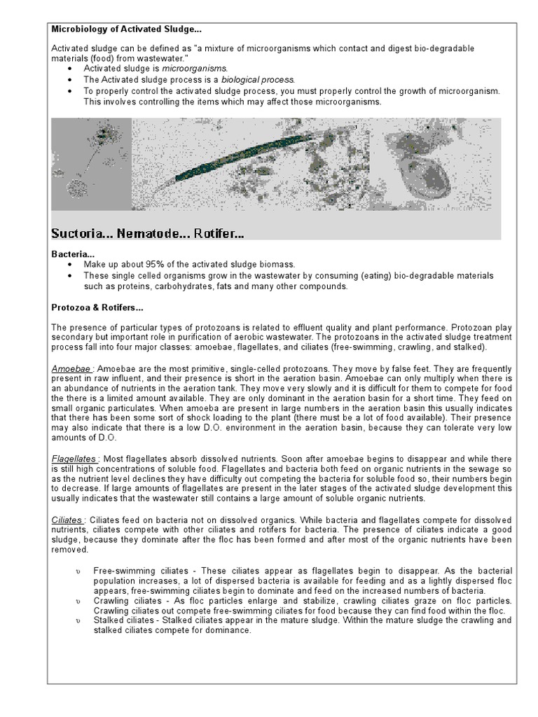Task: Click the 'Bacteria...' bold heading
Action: point(73,253)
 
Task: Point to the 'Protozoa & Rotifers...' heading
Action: point(97,307)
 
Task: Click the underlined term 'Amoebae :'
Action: point(73,368)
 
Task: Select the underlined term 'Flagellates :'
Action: point(76,457)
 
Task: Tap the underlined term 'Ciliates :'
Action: point(69,520)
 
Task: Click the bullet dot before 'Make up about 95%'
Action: point(68,265)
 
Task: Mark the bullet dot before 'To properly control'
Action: point(68,92)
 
